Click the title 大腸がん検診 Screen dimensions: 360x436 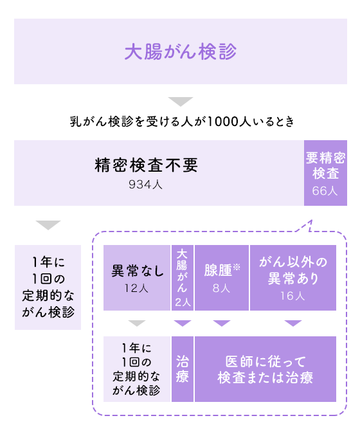click(x=181, y=51)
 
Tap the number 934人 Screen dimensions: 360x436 click(x=145, y=185)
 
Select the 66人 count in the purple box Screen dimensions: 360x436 click(x=325, y=191)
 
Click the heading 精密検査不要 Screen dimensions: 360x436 click(x=146, y=165)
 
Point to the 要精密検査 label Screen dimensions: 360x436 click(x=325, y=166)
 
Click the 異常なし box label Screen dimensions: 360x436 click(x=138, y=270)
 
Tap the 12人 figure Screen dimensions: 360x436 click(x=136, y=288)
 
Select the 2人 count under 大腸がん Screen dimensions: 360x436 click(x=183, y=302)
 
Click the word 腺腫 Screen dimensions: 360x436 click(x=218, y=270)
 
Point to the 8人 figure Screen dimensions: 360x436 click(x=221, y=288)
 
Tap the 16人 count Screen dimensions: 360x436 click(x=292, y=296)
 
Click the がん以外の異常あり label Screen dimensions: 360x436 click(x=293, y=270)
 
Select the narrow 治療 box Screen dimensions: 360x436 click(x=183, y=369)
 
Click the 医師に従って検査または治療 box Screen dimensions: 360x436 click(x=265, y=369)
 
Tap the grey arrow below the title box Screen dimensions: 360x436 click(x=181, y=102)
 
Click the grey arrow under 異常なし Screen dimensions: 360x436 click(x=137, y=323)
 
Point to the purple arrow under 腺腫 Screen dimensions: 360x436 click(x=222, y=323)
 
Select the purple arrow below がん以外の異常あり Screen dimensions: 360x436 click(x=293, y=323)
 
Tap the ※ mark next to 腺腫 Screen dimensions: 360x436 click(x=237, y=267)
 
